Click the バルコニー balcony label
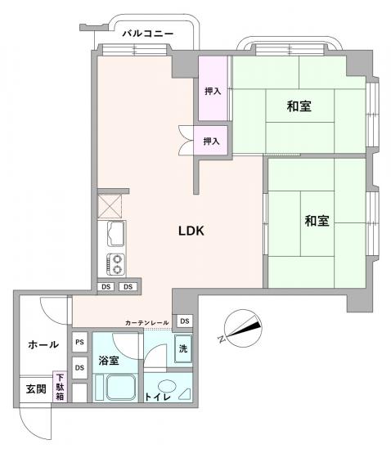147,34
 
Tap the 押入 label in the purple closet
213,91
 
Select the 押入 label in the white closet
212,141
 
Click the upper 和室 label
299,106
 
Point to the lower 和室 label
317,221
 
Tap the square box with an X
109,204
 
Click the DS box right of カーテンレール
185,321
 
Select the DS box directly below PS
79,368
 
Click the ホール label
43,344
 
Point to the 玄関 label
35,388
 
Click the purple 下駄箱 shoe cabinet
61,386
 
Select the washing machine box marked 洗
183,348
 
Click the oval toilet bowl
168,387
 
